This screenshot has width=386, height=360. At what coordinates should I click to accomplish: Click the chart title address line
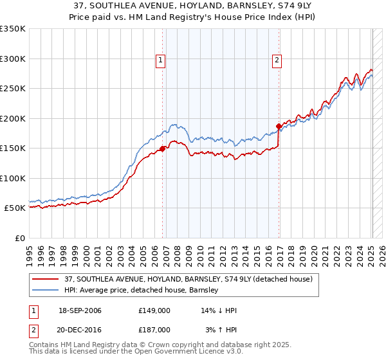coord(193,5)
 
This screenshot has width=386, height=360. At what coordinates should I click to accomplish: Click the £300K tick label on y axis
coord(13,59)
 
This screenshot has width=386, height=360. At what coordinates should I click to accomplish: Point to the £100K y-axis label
coord(13,178)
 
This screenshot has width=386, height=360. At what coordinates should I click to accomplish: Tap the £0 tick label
coord(19,238)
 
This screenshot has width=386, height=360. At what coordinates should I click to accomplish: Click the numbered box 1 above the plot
coord(160,60)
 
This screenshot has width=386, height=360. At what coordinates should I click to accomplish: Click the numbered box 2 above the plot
coord(277,60)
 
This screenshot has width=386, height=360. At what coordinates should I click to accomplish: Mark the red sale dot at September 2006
coord(162,148)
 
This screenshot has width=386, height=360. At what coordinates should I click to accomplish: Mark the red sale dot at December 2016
coord(279,126)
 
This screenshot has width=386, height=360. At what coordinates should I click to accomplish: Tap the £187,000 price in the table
coord(154,329)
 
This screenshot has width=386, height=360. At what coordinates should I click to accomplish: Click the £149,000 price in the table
coord(154,311)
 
